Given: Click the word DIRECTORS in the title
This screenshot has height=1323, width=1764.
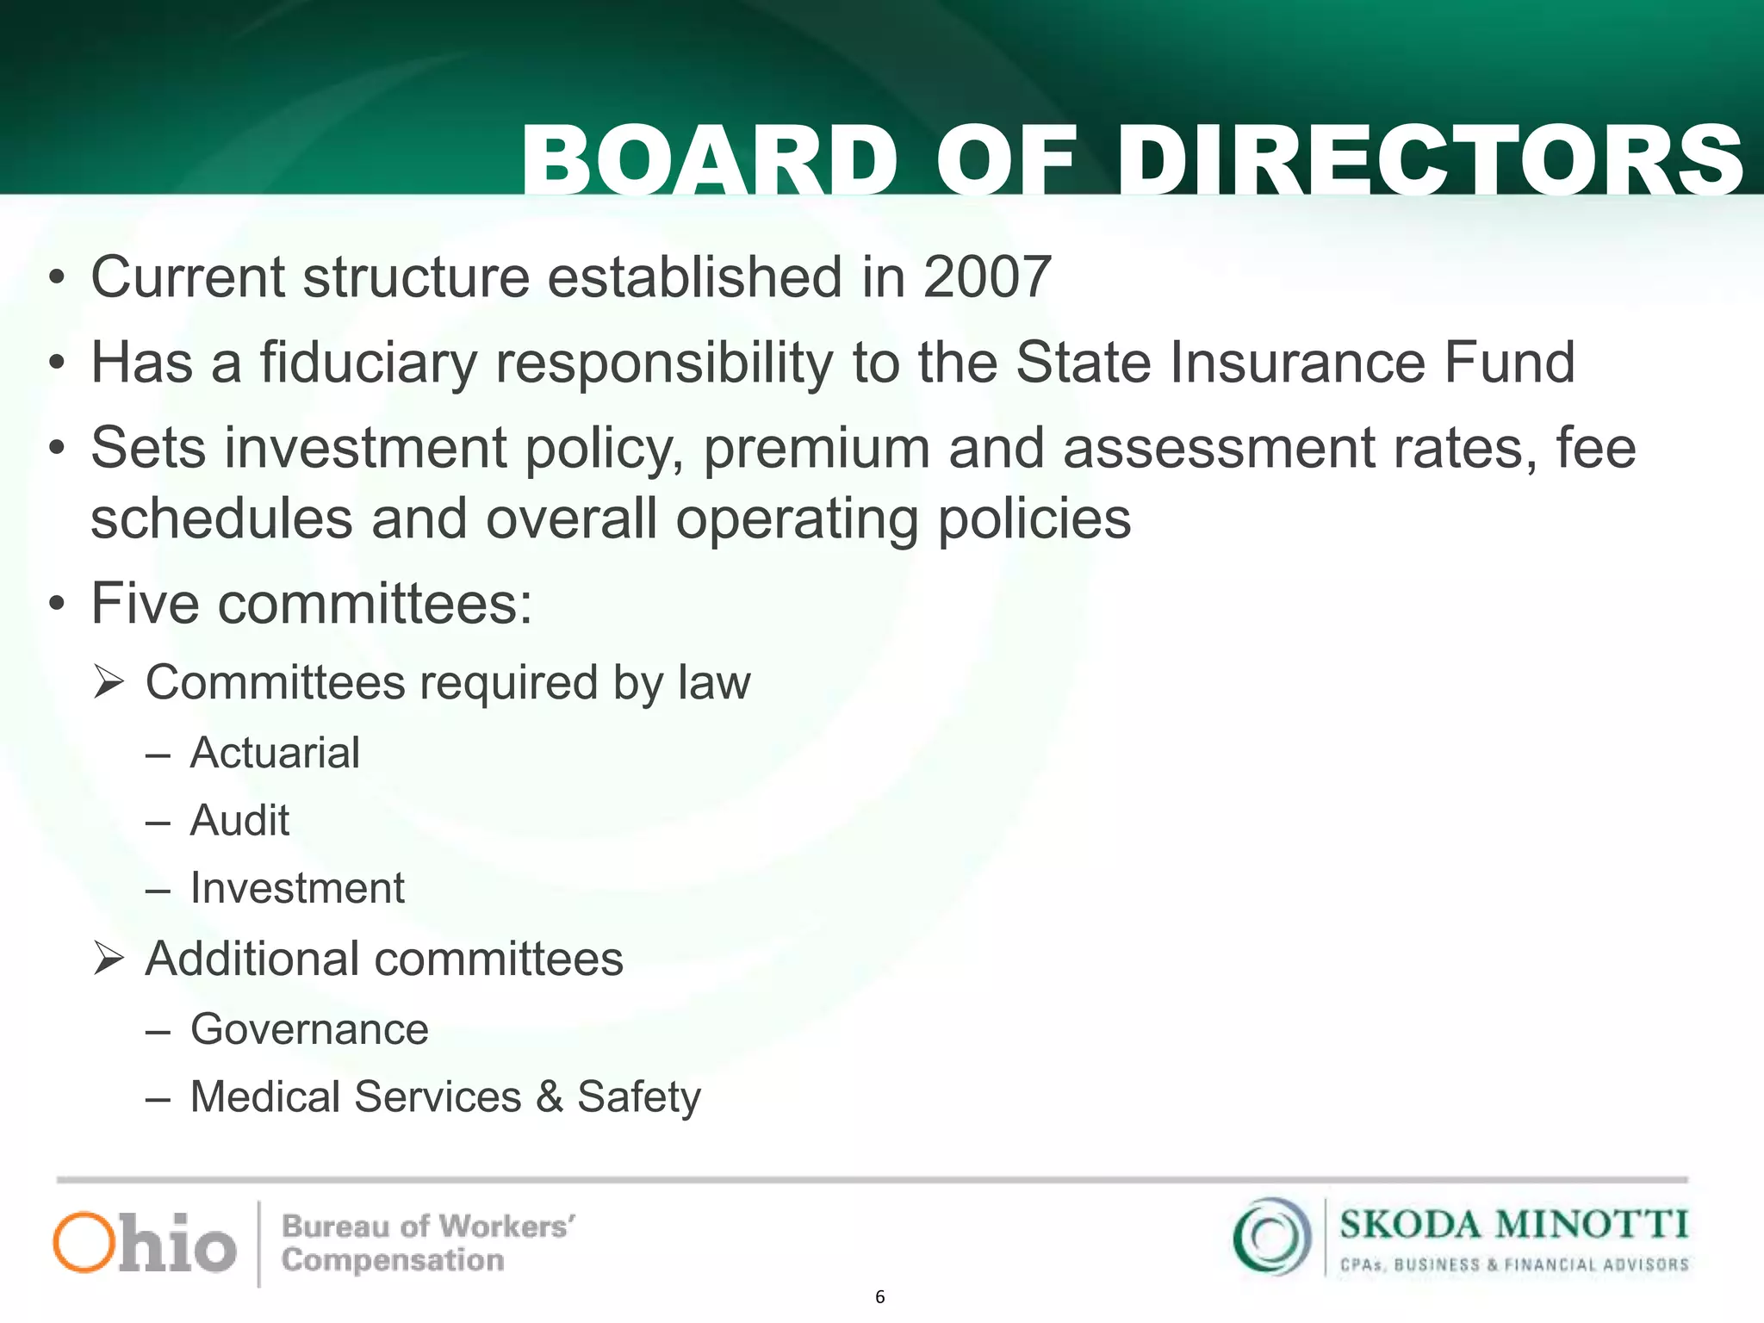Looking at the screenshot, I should click(x=1430, y=160).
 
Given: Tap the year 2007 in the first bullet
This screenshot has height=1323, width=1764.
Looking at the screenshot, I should click(x=987, y=277).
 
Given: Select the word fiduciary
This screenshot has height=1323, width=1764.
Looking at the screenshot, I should click(x=368, y=363).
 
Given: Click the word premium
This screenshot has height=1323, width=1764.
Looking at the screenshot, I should click(x=817, y=449).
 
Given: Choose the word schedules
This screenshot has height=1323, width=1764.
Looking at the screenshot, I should click(x=221, y=519).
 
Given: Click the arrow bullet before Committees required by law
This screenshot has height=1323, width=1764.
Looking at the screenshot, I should click(x=110, y=683).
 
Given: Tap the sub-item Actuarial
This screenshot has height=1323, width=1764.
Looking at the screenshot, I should click(x=275, y=753).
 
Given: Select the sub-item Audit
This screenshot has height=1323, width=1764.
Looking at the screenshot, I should click(x=239, y=820).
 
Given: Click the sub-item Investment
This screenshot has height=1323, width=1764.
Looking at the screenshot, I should click(x=297, y=888).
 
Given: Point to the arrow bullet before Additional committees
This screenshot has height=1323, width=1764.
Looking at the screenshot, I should click(x=110, y=959).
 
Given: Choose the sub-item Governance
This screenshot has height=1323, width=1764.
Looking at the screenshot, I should click(x=309, y=1029).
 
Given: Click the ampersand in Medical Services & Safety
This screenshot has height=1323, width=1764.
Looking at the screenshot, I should click(x=550, y=1097).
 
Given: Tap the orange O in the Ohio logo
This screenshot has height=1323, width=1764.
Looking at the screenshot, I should click(x=84, y=1242).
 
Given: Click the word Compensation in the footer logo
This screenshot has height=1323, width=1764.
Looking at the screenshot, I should click(x=393, y=1260).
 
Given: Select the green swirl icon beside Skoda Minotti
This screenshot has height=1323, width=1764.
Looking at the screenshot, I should click(x=1271, y=1237).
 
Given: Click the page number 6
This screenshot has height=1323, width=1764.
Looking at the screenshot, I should click(x=879, y=1297).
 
